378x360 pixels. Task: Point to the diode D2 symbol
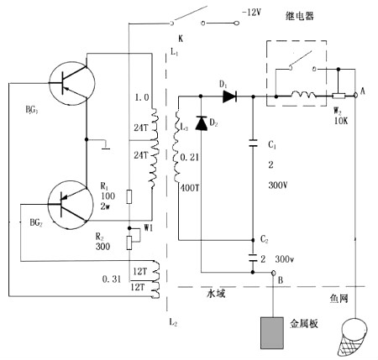coord(201,124)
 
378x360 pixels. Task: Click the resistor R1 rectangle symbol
coord(128,197)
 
